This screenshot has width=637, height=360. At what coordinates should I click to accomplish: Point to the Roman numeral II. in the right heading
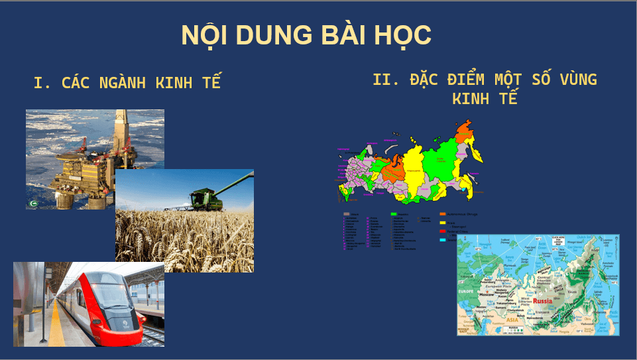click(x=385, y=80)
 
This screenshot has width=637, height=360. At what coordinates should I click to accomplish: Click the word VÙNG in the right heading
click(x=575, y=80)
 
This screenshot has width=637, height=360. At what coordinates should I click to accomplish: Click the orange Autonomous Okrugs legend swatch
click(x=443, y=214)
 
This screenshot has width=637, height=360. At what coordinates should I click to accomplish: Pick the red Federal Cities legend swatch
click(x=443, y=231)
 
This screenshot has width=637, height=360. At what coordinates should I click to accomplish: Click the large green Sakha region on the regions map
click(x=437, y=162)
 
